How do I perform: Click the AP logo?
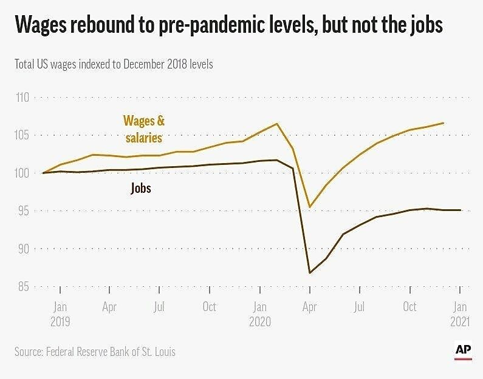pyautogui.click(x=464, y=351)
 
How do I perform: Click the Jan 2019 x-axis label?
pyautogui.click(x=60, y=314)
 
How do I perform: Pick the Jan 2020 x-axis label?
pyautogui.click(x=259, y=314)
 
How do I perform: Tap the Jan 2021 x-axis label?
pyautogui.click(x=460, y=314)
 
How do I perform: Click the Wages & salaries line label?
pyautogui.click(x=143, y=129)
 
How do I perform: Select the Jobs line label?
pyautogui.click(x=140, y=189)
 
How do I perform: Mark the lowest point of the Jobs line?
pyautogui.click(x=310, y=273)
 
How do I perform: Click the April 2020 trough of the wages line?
pyautogui.click(x=310, y=207)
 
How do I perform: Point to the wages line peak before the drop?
pyautogui.click(x=277, y=124)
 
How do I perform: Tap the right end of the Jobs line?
pyautogui.click(x=461, y=210)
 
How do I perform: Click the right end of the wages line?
pyautogui.click(x=443, y=123)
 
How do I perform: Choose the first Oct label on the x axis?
pyautogui.click(x=209, y=307)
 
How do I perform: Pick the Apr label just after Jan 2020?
pyautogui.click(x=310, y=307)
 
